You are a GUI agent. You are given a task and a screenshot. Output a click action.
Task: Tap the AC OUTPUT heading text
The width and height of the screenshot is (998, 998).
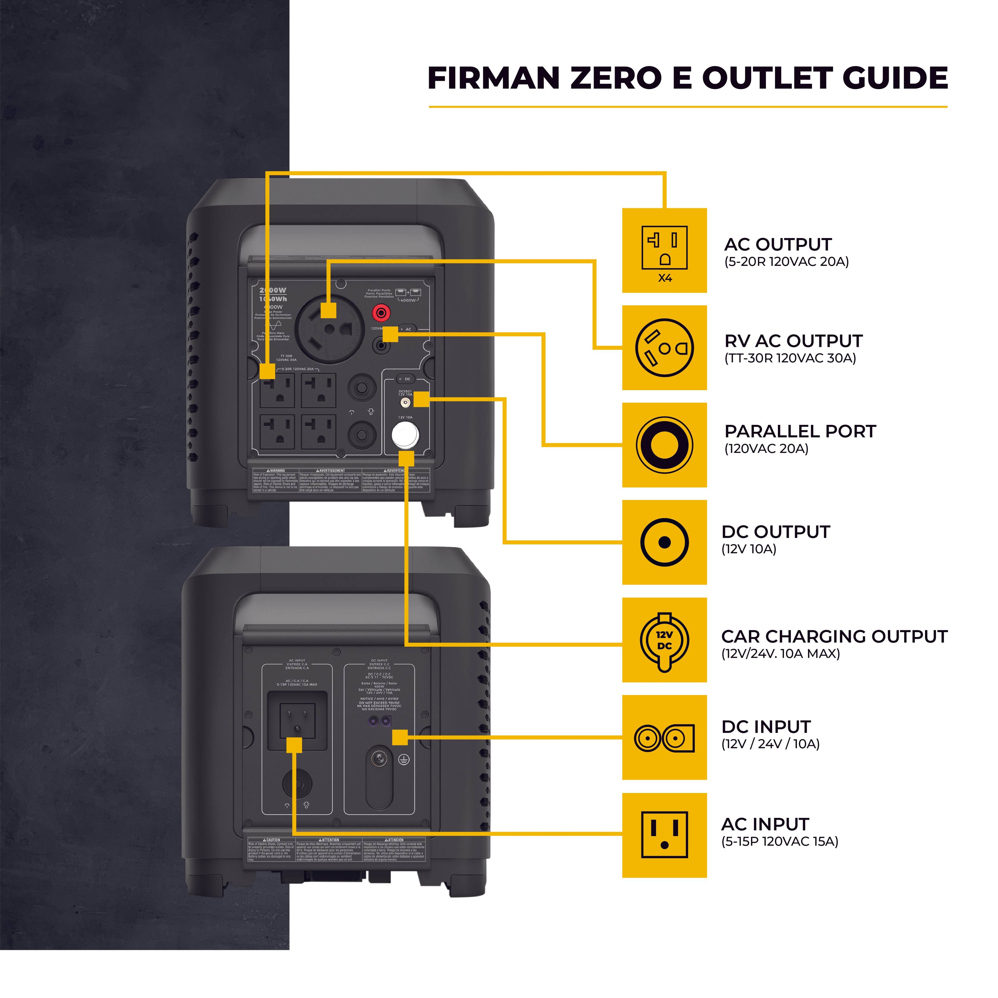point(777,244)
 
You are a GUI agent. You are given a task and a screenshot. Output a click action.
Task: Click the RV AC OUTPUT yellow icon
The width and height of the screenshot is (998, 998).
point(664,348)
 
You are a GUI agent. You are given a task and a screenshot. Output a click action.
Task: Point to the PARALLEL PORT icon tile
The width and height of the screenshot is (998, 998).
point(664,445)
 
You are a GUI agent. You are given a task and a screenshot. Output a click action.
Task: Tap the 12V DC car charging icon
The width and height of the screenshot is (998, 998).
point(664,641)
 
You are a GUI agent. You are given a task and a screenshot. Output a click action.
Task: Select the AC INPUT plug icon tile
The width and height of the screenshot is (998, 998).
point(664,835)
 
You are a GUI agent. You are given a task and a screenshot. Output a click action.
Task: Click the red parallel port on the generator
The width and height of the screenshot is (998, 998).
point(382,312)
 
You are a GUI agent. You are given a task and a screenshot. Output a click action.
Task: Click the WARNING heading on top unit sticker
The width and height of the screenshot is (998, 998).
point(276,471)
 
